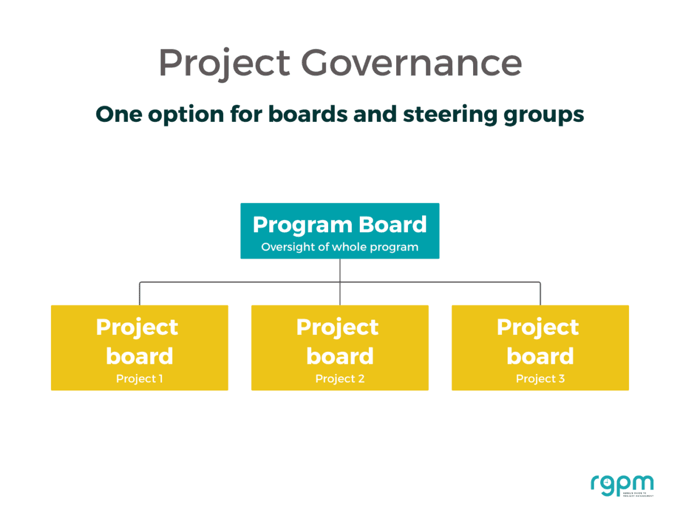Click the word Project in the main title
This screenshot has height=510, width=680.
[x=224, y=63]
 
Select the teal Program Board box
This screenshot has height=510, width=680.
[x=339, y=231]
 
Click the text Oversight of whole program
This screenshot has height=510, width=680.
[x=339, y=247]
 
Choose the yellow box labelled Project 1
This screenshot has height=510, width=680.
[x=139, y=347]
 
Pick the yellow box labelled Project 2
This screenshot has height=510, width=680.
[x=339, y=347]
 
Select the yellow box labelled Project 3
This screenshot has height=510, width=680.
[x=540, y=347]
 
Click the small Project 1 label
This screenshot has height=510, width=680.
[x=139, y=379]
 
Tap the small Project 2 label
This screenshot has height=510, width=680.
[x=339, y=379]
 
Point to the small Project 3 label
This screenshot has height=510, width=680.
[x=540, y=379]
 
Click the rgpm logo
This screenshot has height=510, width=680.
[x=622, y=485]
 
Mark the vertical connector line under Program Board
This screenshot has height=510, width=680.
[x=340, y=270]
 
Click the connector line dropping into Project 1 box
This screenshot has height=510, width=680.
[x=140, y=294]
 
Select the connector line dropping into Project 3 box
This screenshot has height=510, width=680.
[x=540, y=294]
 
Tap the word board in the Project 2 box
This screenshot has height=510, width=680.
[x=339, y=356]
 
